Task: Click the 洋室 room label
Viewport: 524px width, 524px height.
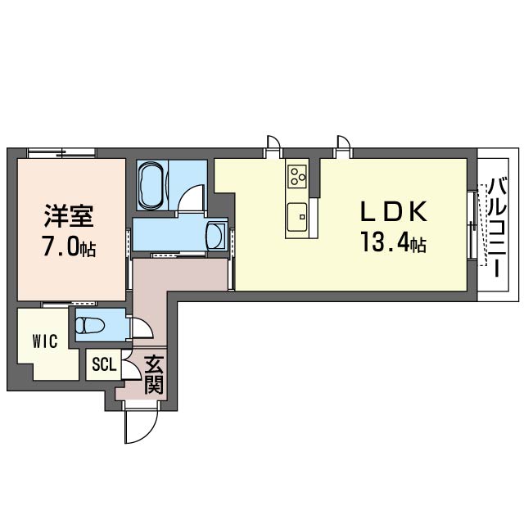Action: (x=70, y=216)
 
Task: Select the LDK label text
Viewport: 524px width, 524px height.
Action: (x=395, y=212)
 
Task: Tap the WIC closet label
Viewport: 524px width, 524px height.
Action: (x=45, y=341)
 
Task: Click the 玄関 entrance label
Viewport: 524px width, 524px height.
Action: (x=153, y=374)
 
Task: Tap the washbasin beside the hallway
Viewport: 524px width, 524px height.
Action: (x=217, y=236)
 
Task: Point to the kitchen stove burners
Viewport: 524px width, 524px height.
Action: (x=296, y=175)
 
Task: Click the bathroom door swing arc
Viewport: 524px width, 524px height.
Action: (x=192, y=199)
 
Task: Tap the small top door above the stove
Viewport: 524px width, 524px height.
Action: (x=273, y=146)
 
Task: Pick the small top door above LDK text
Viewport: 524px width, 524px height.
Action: (x=343, y=146)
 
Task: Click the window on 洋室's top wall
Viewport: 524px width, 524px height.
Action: (x=61, y=152)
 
